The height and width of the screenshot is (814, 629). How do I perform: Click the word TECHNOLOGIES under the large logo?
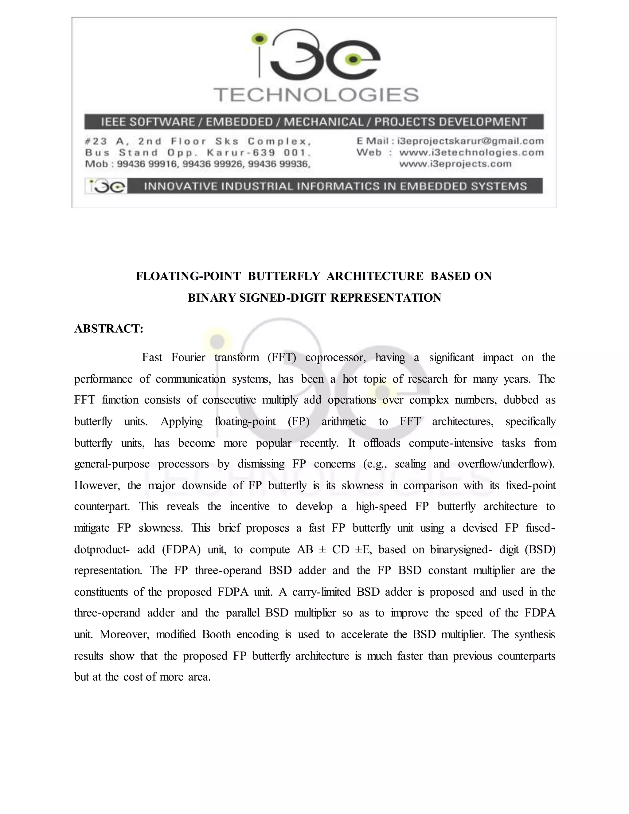coord(316,95)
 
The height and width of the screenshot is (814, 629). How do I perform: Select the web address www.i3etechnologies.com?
coord(471,152)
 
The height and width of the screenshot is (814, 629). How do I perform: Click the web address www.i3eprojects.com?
coord(455,164)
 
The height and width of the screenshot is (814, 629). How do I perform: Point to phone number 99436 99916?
coord(147,164)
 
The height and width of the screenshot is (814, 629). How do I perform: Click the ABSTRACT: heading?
coord(109,329)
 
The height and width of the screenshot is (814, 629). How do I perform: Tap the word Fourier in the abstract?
coord(188,358)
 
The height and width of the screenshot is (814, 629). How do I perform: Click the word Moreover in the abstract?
coord(124,634)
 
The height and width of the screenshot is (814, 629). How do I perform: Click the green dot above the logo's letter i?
coord(260,38)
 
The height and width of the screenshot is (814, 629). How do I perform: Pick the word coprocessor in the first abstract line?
coord(335,358)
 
